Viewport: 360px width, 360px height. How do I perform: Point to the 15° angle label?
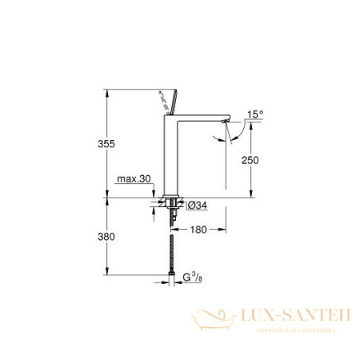[x=254, y=113]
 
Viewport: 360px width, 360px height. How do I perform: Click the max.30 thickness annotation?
[x=133, y=181]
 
